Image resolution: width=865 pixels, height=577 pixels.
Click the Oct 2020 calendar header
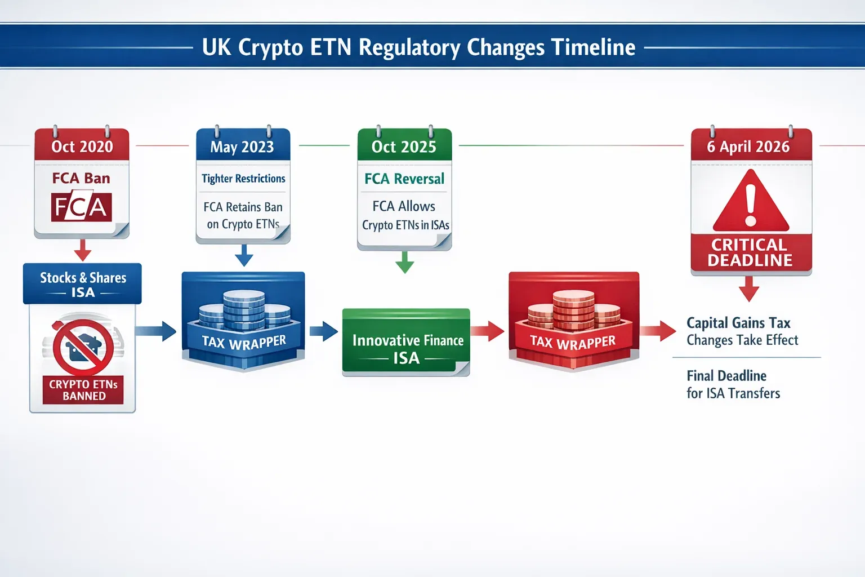tap(82, 147)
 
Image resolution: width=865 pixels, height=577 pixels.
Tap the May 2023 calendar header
tap(242, 147)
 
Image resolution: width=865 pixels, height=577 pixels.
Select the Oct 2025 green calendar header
tap(404, 147)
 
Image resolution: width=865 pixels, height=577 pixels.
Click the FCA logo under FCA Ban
tap(82, 207)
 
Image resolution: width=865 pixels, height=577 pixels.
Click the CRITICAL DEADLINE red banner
tap(751, 252)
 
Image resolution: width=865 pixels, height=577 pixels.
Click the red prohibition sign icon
tap(83, 347)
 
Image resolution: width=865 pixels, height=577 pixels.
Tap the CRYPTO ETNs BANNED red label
tap(83, 390)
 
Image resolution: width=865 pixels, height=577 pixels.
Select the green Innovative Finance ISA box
tap(407, 342)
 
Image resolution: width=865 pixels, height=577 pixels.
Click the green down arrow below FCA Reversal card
tap(404, 263)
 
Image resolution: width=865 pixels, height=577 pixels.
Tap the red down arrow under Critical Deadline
tap(748, 288)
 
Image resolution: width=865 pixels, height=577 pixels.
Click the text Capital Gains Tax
tap(738, 323)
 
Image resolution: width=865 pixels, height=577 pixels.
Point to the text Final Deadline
tap(726, 376)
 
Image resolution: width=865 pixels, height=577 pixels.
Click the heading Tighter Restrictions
tap(243, 179)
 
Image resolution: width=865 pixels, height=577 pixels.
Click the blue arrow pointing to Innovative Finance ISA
tap(323, 331)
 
